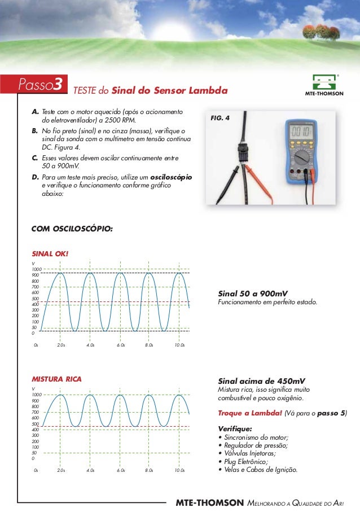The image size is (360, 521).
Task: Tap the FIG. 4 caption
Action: (220, 119)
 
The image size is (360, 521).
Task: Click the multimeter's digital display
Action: (306, 131)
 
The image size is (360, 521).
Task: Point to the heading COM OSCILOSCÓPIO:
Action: (72, 229)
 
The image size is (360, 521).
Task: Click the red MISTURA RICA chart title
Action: (56, 379)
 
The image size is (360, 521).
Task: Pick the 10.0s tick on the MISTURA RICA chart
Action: (179, 470)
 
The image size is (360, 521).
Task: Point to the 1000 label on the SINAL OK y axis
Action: (36, 270)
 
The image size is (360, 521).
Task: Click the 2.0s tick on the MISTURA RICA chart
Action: (61, 470)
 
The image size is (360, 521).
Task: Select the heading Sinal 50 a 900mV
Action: (252, 294)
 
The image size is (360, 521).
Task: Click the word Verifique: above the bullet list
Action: (235, 428)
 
